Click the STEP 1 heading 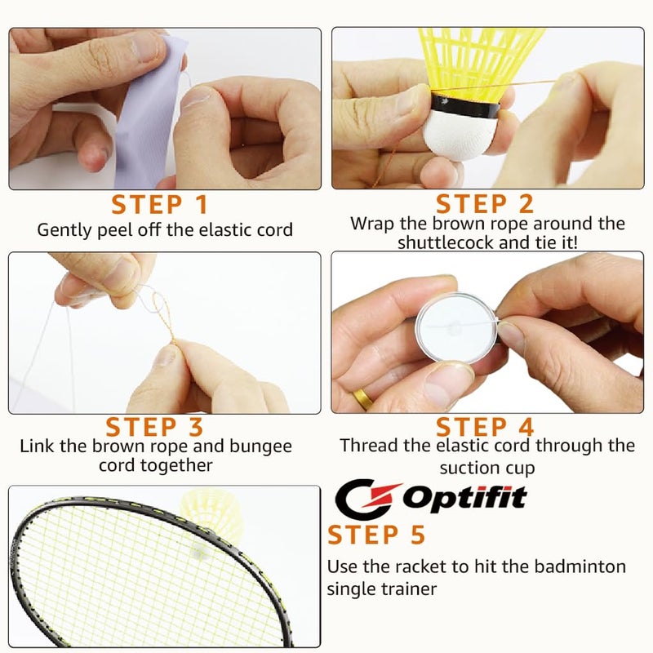click(x=159, y=204)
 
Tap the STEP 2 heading click(x=485, y=204)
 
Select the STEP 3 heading click(x=154, y=426)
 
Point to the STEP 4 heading click(x=485, y=426)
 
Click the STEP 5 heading click(x=376, y=535)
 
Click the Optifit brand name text click(x=465, y=496)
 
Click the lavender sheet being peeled click(x=147, y=106)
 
